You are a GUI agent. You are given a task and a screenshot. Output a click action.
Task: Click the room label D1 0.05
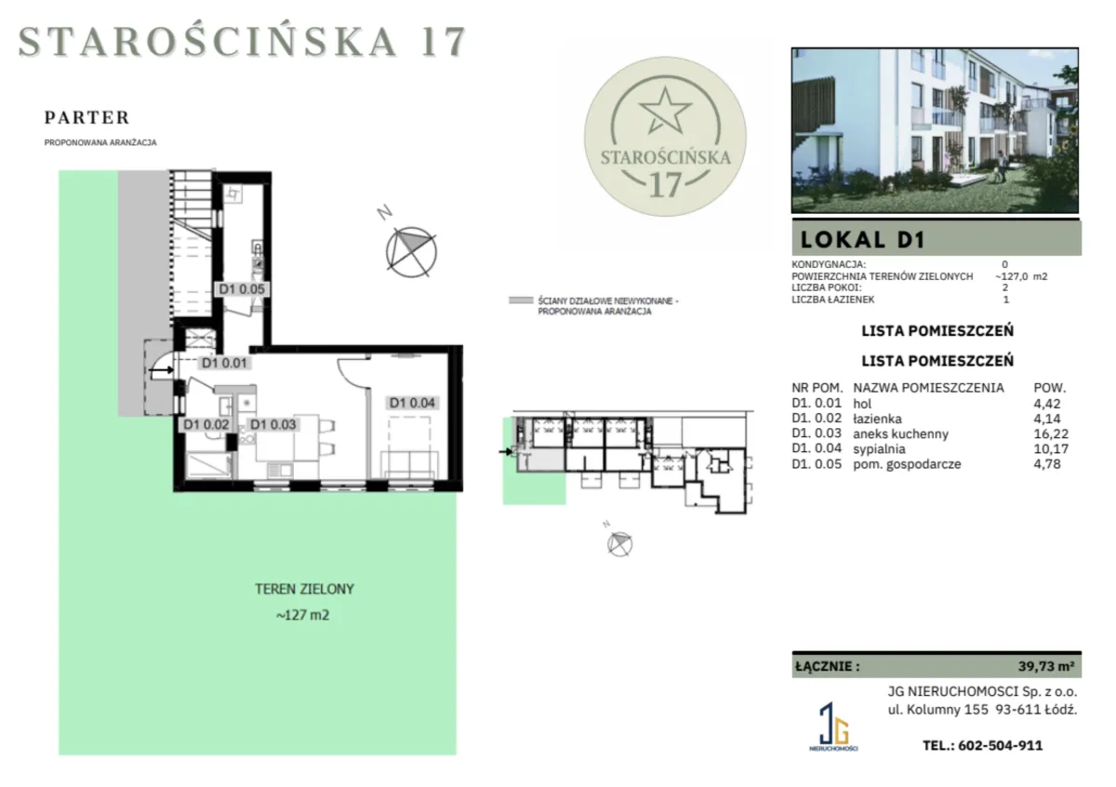click(242, 289)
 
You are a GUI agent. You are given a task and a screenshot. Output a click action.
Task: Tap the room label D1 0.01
click(224, 363)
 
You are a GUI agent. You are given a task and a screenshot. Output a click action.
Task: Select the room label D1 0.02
click(206, 424)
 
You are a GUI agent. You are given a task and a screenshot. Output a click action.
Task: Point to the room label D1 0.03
click(273, 424)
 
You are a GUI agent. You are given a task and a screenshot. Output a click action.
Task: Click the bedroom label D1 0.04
click(412, 402)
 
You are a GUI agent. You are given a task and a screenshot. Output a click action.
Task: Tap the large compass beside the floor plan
click(411, 252)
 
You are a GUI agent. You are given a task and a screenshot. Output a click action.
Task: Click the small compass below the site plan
click(619, 543)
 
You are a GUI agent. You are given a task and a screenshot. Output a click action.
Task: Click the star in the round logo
click(665, 110)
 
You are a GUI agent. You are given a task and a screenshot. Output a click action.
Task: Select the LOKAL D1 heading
click(863, 240)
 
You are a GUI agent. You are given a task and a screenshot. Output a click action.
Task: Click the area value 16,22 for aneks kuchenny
click(1051, 434)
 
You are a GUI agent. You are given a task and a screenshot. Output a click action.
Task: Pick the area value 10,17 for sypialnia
click(1051, 448)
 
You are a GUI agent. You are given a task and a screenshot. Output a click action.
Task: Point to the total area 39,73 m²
click(1045, 666)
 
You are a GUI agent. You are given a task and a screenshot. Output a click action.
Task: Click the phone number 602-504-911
click(1000, 745)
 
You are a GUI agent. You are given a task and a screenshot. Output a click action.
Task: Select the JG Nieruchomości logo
click(833, 727)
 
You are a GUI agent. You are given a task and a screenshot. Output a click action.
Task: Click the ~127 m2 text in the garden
click(302, 615)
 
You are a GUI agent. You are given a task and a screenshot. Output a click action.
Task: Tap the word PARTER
click(87, 117)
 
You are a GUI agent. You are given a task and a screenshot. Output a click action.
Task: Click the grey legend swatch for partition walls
click(521, 300)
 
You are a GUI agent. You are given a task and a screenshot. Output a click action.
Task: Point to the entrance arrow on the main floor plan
click(161, 370)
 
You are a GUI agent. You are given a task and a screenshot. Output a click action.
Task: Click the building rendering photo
click(935, 130)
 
